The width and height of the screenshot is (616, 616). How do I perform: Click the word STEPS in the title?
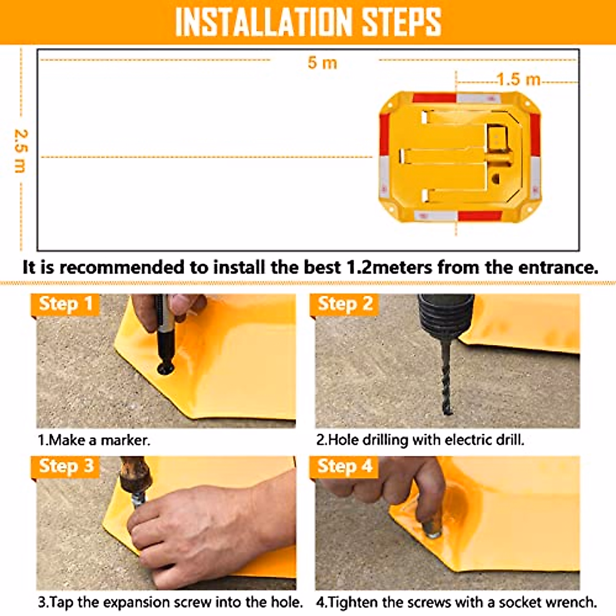pos(401,22)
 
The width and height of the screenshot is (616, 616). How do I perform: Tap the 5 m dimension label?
pos(322,63)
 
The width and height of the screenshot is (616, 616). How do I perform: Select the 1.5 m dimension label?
pos(518,80)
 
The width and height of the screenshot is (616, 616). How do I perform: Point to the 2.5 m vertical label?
pos(20,150)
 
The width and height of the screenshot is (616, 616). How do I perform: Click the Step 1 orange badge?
pos(66,304)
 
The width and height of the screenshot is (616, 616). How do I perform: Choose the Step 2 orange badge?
pos(344,304)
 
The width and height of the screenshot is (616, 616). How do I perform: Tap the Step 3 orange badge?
pos(66,466)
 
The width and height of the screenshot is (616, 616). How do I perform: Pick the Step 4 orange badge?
pos(344,466)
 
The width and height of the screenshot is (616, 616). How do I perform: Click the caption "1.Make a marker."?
pos(94,440)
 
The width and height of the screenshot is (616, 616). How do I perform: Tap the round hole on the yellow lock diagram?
pos(495,179)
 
